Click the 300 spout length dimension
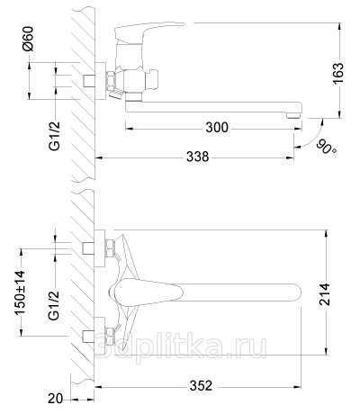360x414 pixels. (217, 128)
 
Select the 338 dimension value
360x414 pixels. (197, 157)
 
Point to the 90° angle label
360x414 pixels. (326, 146)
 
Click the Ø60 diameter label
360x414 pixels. (29, 39)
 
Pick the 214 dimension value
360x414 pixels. (324, 294)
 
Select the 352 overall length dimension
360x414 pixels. (201, 386)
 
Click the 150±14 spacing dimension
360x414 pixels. (21, 292)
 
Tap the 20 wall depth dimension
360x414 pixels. (56, 399)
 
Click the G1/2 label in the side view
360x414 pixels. (54, 136)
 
